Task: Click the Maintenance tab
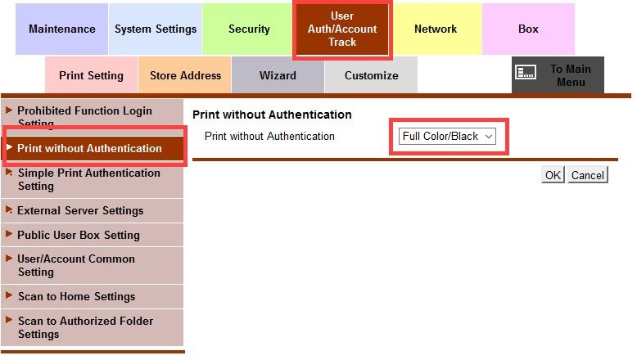(62, 29)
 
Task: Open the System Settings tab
(156, 29)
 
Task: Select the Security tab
(249, 29)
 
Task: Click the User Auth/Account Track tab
(342, 29)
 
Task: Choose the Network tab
(436, 29)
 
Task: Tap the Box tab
(528, 29)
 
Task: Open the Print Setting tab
(91, 75)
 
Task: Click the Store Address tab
(185, 75)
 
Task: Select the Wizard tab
(278, 75)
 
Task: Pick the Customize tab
(371, 75)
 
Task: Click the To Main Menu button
(558, 75)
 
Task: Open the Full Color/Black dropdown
(448, 137)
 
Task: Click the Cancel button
(588, 175)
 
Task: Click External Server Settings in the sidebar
(80, 210)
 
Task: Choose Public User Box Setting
(79, 235)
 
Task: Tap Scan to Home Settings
(76, 296)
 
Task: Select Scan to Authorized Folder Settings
(85, 327)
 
